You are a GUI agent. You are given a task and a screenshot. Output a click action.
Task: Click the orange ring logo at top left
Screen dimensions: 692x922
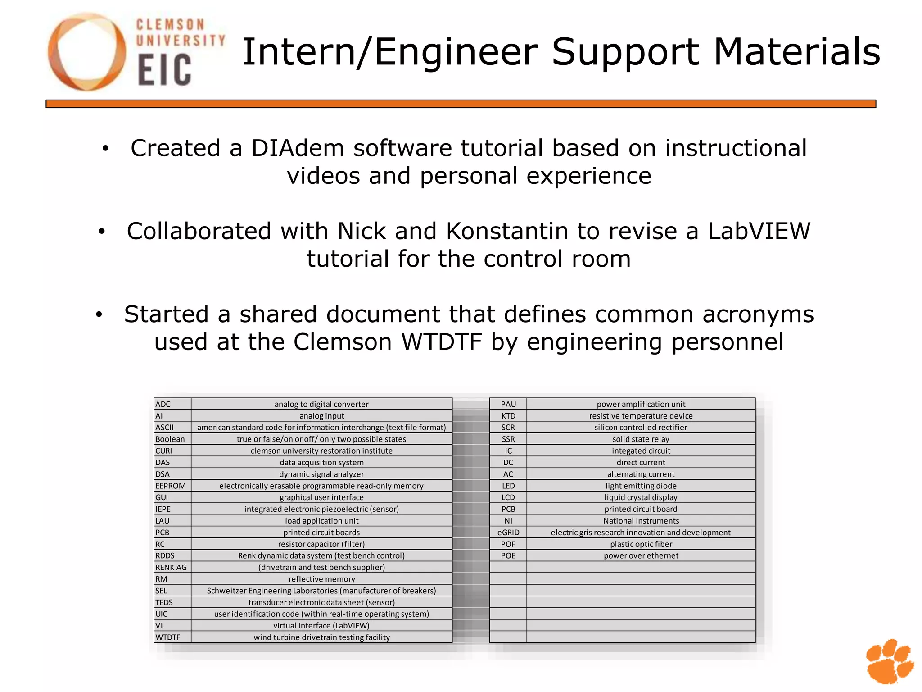tap(86, 51)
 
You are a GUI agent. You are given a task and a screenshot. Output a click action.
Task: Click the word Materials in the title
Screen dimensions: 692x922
tap(797, 52)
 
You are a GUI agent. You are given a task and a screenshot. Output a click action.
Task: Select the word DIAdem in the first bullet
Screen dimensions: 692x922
tap(298, 148)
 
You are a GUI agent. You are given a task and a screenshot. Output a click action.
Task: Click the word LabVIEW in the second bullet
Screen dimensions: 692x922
tap(759, 231)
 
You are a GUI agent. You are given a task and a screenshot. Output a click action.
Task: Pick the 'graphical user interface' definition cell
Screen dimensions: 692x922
tap(321, 497)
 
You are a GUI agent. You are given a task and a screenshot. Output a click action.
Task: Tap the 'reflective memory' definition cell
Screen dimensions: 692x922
tap(321, 579)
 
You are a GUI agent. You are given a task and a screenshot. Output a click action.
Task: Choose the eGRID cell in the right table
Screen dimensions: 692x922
tap(508, 533)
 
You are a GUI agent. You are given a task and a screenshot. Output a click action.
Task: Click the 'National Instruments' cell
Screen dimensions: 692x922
tap(641, 521)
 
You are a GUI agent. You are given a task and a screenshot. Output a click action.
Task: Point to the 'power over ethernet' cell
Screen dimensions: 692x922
tap(641, 555)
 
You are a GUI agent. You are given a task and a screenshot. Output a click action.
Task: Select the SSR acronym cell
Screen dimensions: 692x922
tap(508, 439)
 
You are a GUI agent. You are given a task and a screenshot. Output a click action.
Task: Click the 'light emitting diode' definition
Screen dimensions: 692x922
tap(641, 486)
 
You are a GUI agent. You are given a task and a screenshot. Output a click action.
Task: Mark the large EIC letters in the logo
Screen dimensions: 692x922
tap(164, 70)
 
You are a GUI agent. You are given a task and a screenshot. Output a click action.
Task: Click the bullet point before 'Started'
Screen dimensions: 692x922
tap(99, 315)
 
